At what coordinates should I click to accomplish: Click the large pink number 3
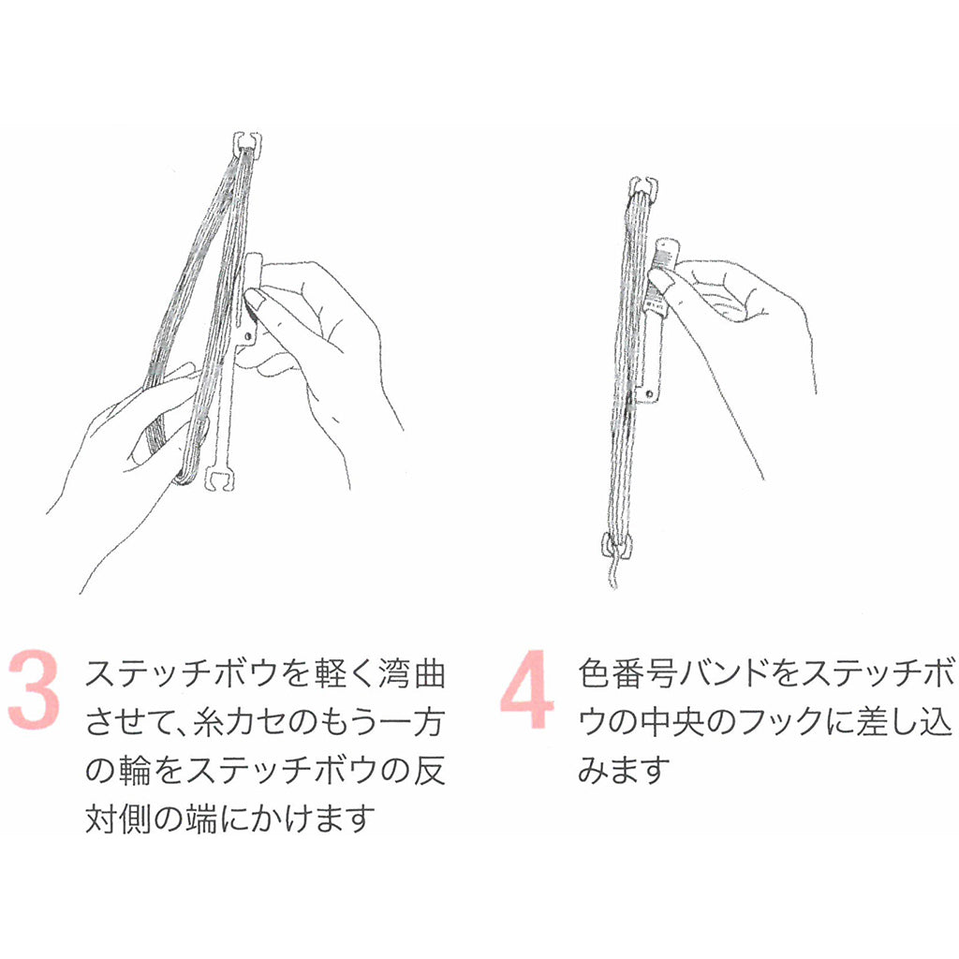click(35, 690)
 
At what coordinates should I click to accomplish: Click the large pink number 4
click(526, 690)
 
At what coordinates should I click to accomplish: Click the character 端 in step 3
click(202, 818)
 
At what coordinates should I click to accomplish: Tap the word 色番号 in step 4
click(627, 674)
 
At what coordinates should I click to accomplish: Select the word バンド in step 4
click(726, 674)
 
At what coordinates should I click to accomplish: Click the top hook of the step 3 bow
click(247, 142)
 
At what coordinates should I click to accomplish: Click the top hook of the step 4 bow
click(643, 187)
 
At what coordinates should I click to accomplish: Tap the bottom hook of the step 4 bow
click(616, 544)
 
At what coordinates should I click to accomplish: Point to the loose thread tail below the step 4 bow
click(612, 573)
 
